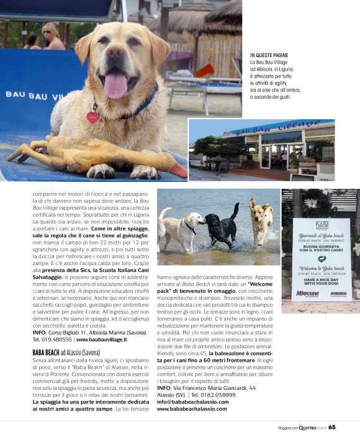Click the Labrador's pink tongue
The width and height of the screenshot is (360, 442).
pos(115,84)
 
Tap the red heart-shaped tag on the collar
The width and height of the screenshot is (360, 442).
pos(92,116)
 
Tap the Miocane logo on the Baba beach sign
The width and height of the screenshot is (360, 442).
pos(307,293)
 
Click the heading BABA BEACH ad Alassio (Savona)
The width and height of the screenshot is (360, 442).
pos(74,351)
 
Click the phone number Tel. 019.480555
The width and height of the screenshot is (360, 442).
pos(52,340)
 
